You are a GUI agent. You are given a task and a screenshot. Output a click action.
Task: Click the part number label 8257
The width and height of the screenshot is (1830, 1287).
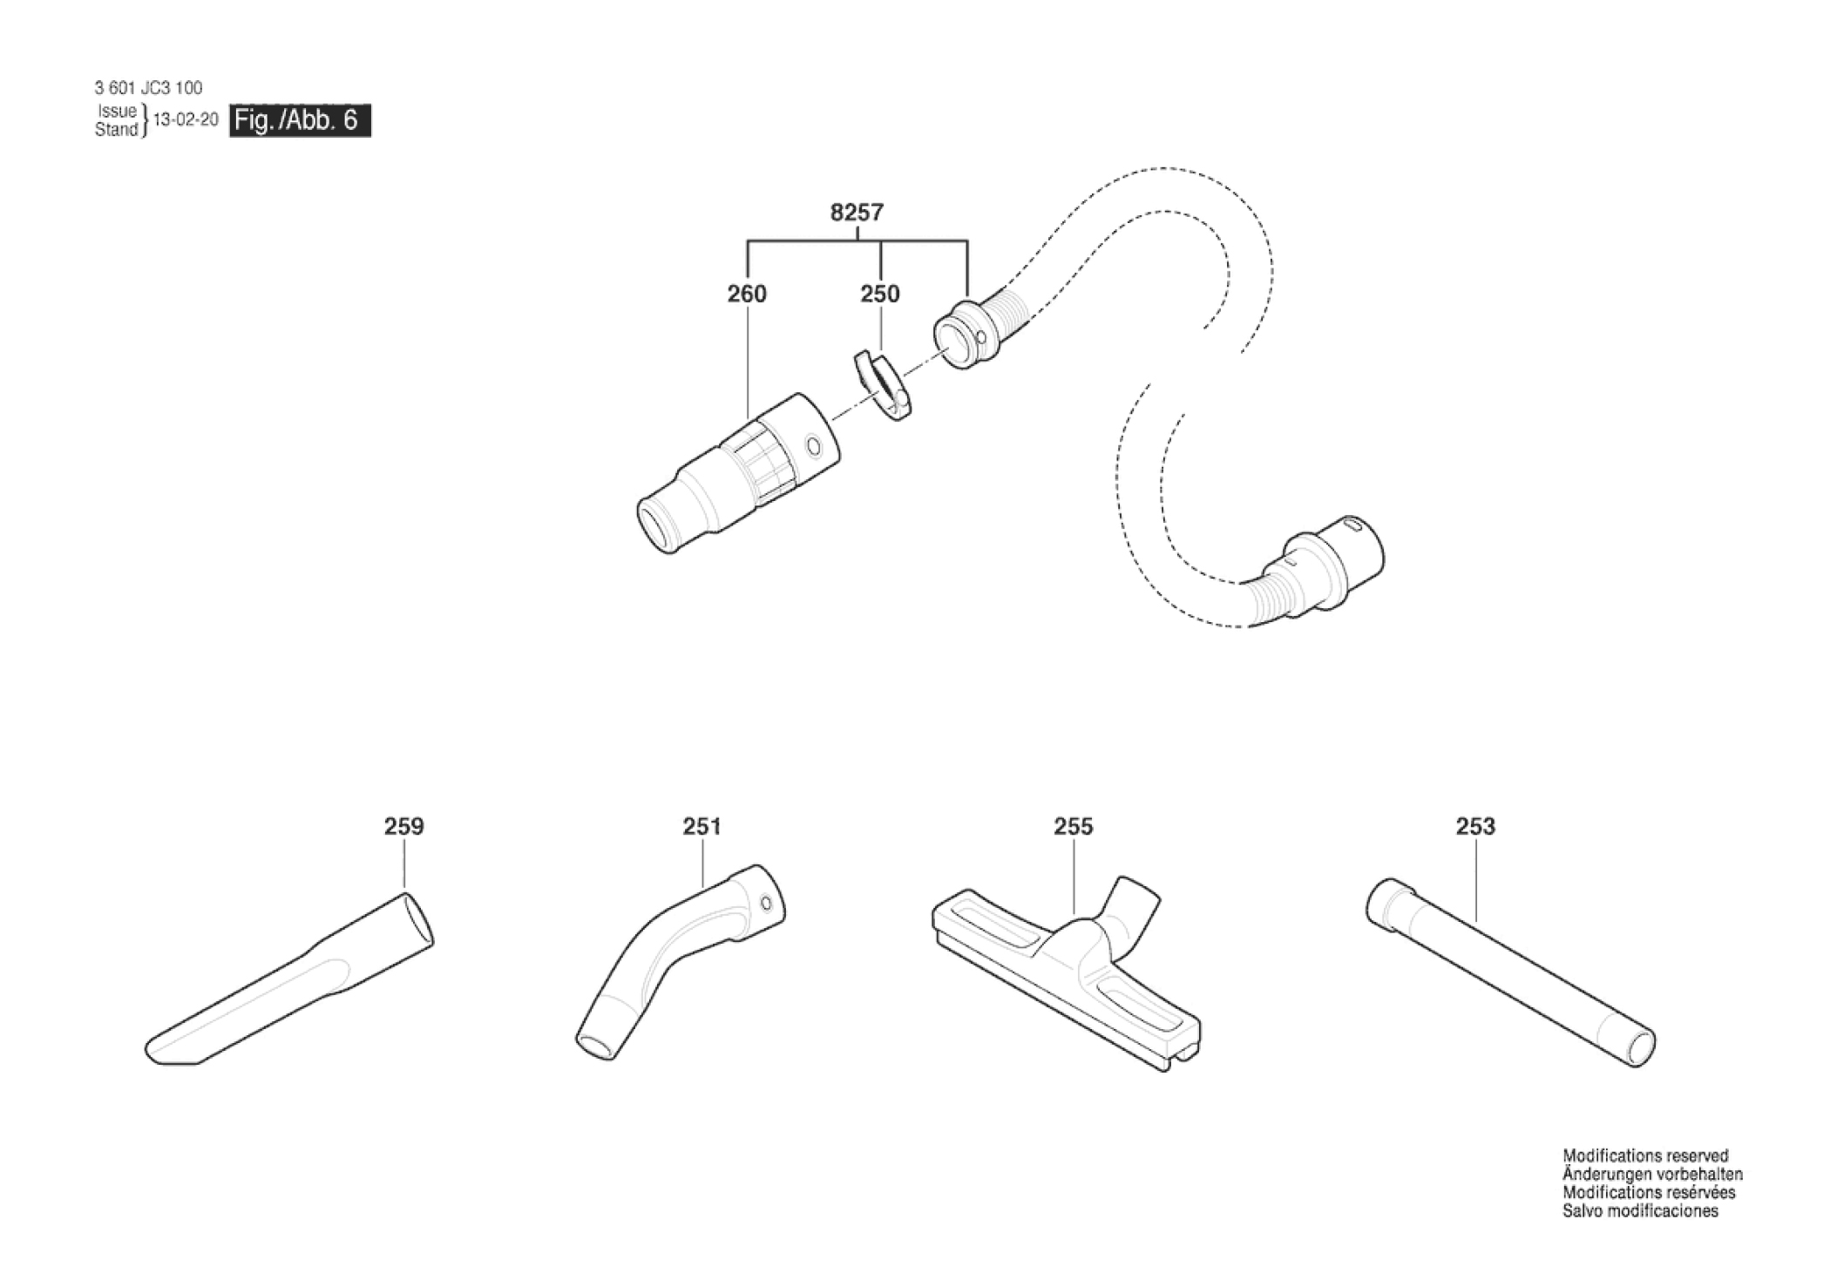tap(857, 213)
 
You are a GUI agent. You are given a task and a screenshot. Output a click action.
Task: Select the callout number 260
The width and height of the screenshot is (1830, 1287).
tap(747, 295)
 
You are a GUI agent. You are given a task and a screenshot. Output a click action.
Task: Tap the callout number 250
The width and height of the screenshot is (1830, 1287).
tap(879, 295)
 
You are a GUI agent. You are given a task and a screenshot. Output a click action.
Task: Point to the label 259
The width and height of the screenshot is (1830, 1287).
tap(403, 826)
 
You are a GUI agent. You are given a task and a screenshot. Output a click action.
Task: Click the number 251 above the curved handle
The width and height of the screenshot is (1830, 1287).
tap(701, 826)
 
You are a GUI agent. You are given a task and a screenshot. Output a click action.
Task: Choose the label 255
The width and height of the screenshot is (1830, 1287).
tap(1073, 826)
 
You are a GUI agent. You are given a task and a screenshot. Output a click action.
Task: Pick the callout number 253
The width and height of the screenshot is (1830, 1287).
tap(1474, 826)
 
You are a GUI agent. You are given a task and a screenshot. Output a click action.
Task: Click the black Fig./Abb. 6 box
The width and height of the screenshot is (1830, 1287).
tap(300, 120)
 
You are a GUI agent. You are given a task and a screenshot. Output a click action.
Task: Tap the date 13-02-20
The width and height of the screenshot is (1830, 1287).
tap(186, 120)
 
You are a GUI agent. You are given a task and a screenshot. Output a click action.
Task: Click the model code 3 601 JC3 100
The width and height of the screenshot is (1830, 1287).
tap(148, 88)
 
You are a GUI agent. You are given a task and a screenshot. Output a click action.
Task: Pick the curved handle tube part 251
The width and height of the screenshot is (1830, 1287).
tap(680, 958)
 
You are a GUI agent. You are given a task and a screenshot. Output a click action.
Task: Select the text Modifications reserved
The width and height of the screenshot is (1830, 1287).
tap(1645, 1156)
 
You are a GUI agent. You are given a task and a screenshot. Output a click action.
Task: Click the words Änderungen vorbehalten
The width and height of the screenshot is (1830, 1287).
tap(1652, 1175)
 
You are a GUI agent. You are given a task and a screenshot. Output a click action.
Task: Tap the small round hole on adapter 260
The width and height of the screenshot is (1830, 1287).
tap(814, 446)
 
